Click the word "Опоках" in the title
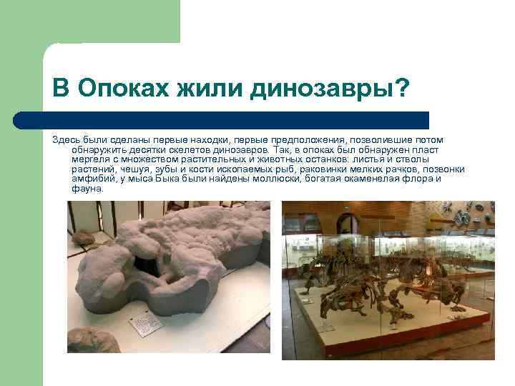(116, 89)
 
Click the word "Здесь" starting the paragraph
(64, 139)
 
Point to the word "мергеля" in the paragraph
(88, 159)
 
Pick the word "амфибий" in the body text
(89, 179)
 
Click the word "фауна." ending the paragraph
(88, 189)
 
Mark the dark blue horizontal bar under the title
(236, 119)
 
